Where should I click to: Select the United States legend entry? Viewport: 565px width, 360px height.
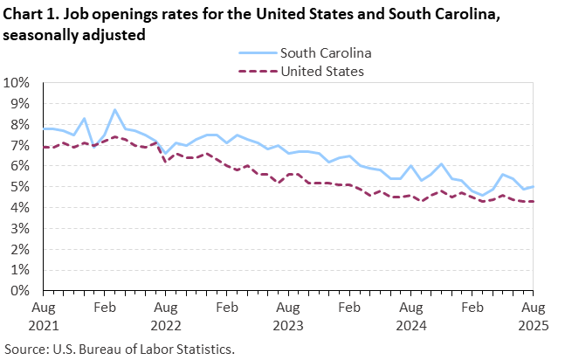pyautogui.click(x=321, y=71)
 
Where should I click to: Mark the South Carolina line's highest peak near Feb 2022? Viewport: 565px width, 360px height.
pyautogui.click(x=115, y=110)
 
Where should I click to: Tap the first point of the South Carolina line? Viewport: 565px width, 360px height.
pyautogui.click(x=44, y=128)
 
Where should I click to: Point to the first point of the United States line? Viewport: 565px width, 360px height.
pyautogui.click(x=44, y=148)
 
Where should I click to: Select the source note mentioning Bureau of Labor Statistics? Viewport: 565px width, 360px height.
pyautogui.click(x=120, y=349)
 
